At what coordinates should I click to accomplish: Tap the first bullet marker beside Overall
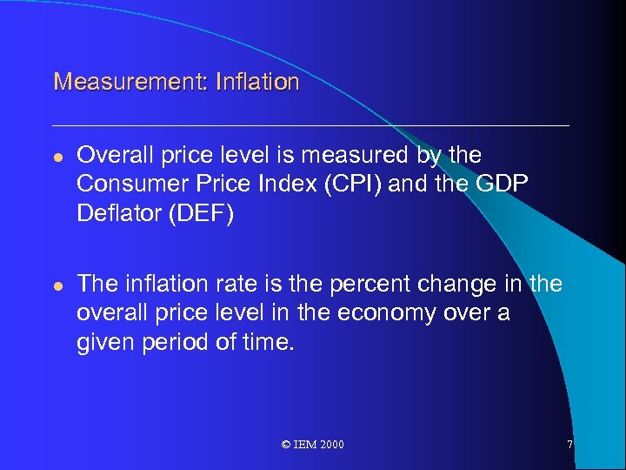click(57, 157)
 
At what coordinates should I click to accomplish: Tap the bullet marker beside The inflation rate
click(57, 285)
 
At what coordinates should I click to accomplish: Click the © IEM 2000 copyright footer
click(313, 445)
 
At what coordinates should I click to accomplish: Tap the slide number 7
click(569, 445)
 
